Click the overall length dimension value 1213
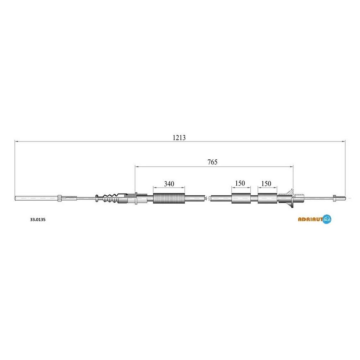pos(179,137)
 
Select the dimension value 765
pos(212,162)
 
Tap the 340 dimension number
pos(169,184)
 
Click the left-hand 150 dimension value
pos(240,183)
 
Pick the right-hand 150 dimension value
pos(266,183)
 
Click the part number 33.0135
pos(38,219)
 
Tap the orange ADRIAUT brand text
pos(310,219)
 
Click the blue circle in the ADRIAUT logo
pos(327,219)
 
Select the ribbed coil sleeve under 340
pos(169,198)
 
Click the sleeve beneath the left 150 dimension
pos(241,198)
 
